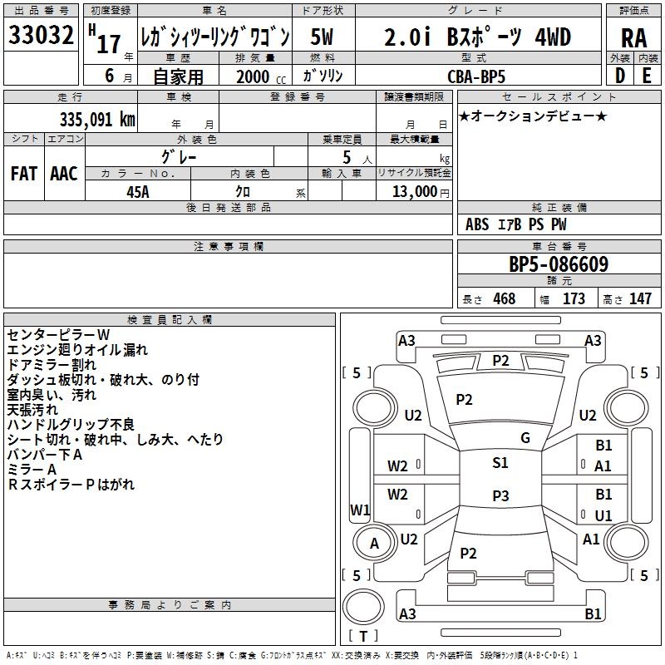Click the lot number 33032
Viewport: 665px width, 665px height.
click(42, 37)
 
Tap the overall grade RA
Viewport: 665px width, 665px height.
click(633, 38)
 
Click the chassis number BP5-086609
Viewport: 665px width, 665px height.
click(559, 265)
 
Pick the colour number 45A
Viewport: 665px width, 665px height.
click(138, 191)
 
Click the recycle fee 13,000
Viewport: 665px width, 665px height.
click(413, 191)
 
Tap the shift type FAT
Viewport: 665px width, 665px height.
click(24, 173)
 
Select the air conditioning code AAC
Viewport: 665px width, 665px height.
click(64, 173)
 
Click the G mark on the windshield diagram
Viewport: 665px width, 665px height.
click(525, 437)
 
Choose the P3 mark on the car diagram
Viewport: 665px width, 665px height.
click(500, 496)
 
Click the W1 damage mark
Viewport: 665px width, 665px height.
click(360, 510)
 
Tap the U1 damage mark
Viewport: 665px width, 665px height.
click(603, 515)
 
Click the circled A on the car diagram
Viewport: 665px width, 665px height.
click(374, 544)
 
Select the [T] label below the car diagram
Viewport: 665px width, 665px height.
click(362, 636)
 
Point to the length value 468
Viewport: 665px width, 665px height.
click(504, 299)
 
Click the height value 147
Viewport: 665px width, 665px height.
click(640, 299)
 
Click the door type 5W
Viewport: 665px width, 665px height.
click(322, 37)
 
